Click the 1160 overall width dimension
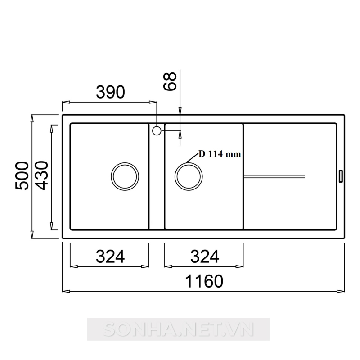204,281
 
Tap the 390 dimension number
110,92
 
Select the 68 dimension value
170,81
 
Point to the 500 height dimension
22,175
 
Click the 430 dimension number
42,175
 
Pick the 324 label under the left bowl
110,256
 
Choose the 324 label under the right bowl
205,256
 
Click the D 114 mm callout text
220,154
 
